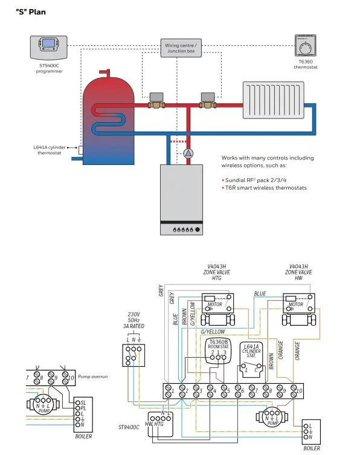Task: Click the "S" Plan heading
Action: point(30,11)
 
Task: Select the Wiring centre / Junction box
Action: point(181,48)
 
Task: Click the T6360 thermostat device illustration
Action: point(307,46)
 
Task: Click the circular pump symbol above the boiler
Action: point(188,153)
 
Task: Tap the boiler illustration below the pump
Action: point(182,199)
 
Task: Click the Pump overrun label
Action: point(92,376)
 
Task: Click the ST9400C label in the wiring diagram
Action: point(128,427)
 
